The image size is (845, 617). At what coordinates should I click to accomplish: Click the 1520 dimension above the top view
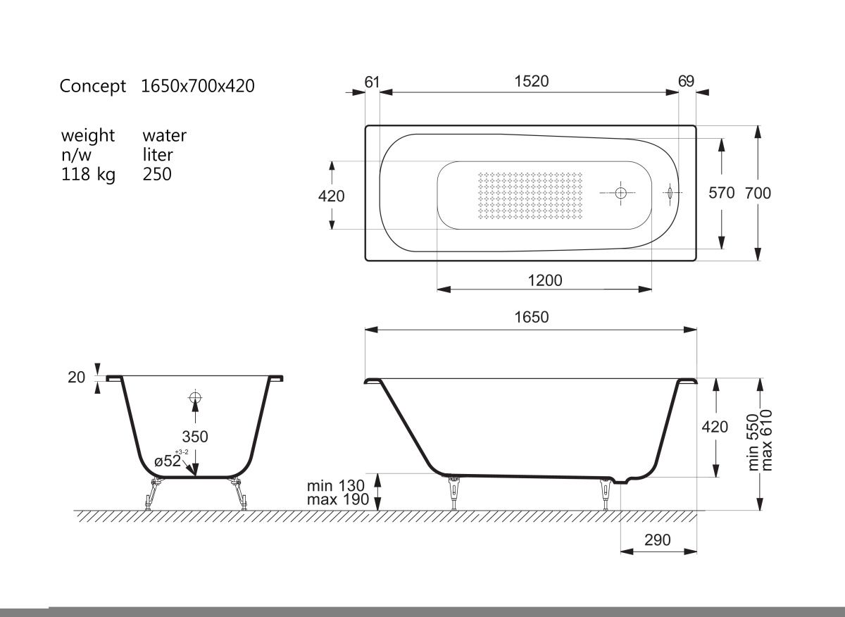pyautogui.click(x=532, y=81)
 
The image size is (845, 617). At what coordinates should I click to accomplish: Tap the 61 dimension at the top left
pyautogui.click(x=372, y=82)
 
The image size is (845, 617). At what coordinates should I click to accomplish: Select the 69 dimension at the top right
pyautogui.click(x=686, y=81)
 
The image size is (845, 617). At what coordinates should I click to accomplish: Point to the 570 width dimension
pyautogui.click(x=721, y=193)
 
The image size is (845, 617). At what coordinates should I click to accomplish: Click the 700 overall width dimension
pyautogui.click(x=758, y=193)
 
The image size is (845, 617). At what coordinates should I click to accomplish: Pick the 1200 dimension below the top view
pyautogui.click(x=545, y=280)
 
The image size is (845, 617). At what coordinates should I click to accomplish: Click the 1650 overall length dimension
pyautogui.click(x=532, y=317)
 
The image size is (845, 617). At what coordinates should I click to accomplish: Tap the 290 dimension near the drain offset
pyautogui.click(x=658, y=540)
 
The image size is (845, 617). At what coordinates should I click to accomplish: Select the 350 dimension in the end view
pyautogui.click(x=195, y=437)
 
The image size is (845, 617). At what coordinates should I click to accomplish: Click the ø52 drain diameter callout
pyautogui.click(x=168, y=461)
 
